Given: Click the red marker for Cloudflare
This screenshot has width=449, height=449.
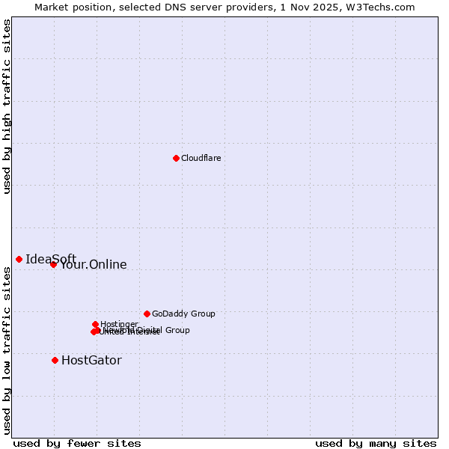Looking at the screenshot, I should [176, 158].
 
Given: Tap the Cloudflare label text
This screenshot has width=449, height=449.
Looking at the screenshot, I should [201, 158].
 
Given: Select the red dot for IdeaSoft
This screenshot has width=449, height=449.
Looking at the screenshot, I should [19, 259].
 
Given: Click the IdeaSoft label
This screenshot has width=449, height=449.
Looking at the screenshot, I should [50, 259].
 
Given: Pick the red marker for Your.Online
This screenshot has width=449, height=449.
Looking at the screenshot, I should [53, 264].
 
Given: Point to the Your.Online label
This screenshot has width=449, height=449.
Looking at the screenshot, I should [94, 265].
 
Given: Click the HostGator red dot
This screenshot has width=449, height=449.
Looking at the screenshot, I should [55, 360].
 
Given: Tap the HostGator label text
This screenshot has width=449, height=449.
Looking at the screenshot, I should [91, 360].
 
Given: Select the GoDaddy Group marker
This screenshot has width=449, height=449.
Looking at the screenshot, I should [147, 314].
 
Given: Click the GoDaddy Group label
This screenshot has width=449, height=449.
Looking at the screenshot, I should [183, 314].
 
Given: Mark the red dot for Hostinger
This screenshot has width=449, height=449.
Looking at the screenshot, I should [95, 324].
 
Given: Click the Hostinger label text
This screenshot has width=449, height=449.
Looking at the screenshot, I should [119, 324].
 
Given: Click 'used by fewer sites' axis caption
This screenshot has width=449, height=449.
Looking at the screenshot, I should [77, 443].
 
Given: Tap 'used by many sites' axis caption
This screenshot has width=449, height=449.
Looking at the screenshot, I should [376, 443].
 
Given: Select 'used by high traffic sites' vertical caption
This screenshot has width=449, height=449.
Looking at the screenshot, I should [7, 106].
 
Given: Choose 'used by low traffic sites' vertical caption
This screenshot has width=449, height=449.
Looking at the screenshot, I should [7, 350].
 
